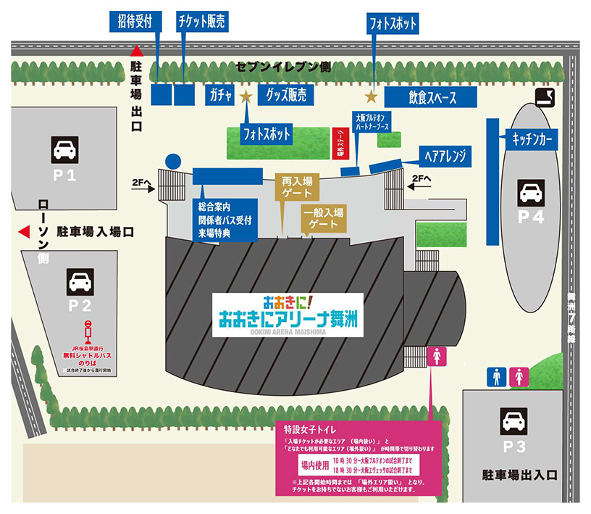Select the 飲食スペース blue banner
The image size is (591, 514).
[430, 97]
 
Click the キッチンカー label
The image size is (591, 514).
[534, 138]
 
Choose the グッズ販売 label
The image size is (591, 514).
[285, 96]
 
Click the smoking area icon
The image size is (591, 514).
[545, 96]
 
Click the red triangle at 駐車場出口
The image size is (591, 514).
[135, 51]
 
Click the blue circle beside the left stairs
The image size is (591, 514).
[172, 161]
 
